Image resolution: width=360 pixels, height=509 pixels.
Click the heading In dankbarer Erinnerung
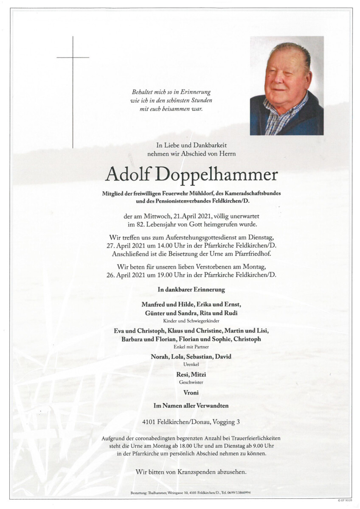[191, 290]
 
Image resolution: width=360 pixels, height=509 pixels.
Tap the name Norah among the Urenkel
[160, 357]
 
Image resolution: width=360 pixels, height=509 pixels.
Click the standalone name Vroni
[191, 393]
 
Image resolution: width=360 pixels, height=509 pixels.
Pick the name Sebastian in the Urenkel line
[199, 357]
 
